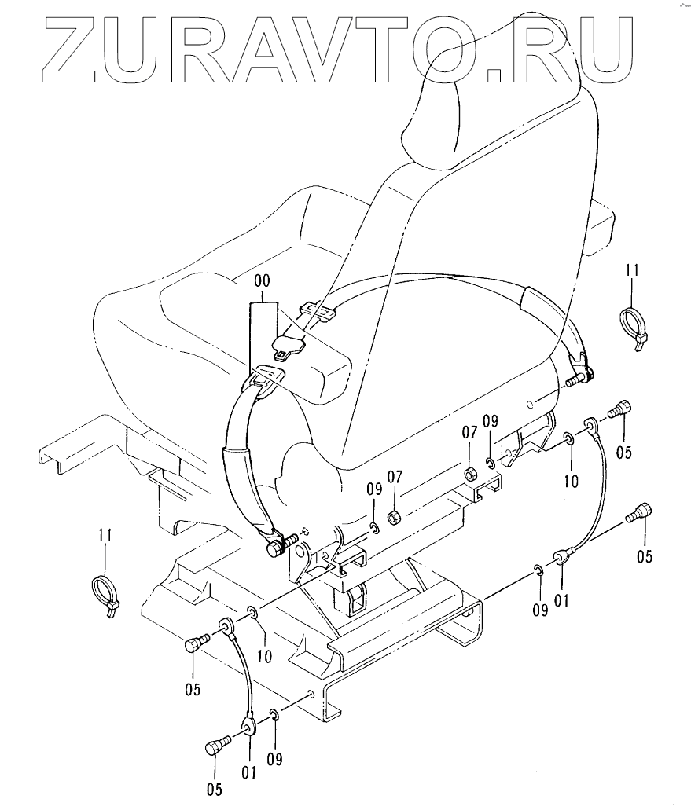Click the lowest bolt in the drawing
216,744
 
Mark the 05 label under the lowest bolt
214,788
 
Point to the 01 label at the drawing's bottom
249,773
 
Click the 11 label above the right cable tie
632,271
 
